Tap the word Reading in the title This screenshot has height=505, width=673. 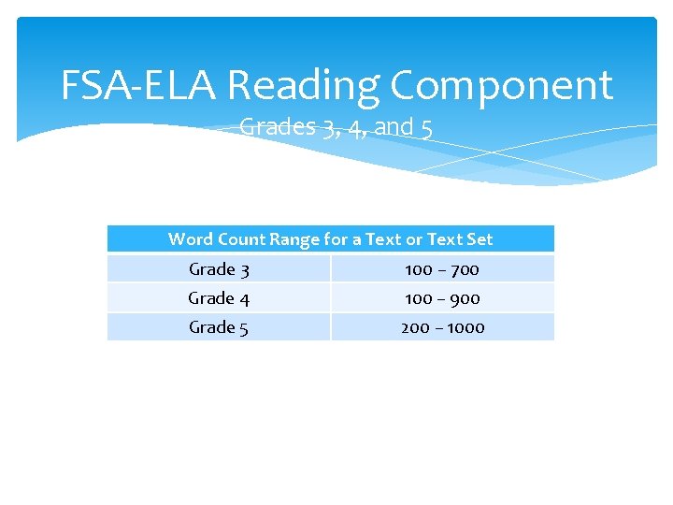(303, 85)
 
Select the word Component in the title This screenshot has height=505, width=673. (501, 85)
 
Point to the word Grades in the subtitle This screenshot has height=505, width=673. (277, 126)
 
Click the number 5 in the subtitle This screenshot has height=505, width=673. (426, 127)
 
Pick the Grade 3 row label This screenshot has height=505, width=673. (219, 269)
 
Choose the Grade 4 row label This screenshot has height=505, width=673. (219, 298)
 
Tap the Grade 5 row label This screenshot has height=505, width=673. (219, 327)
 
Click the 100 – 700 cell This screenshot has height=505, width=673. (442, 269)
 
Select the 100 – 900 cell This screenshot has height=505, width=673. (442, 298)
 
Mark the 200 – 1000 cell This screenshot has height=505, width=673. (442, 327)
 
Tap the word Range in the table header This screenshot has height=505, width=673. (294, 239)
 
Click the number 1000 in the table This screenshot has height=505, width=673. (465, 327)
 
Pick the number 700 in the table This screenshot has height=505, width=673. (464, 269)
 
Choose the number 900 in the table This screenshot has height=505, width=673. (464, 298)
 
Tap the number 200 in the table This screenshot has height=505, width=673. (415, 327)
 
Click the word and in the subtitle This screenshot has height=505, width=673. (394, 126)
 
